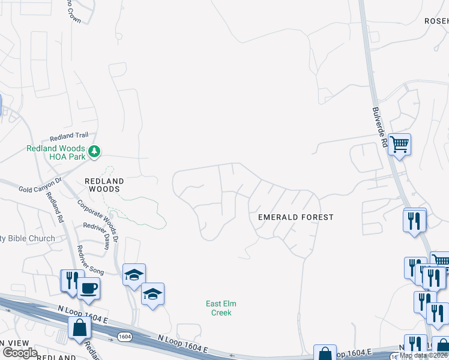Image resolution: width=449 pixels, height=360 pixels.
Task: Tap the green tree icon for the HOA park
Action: pyautogui.click(x=94, y=152)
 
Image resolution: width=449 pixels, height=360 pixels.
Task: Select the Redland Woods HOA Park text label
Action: pyautogui.click(x=55, y=152)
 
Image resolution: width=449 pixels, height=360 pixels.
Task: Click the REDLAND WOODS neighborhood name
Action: pyautogui.click(x=104, y=185)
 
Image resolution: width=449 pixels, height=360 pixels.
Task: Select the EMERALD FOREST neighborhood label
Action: pyautogui.click(x=295, y=217)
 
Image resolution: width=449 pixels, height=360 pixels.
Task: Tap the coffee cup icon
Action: pyautogui.click(x=88, y=288)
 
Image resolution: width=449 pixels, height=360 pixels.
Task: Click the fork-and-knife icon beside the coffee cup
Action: pyautogui.click(x=70, y=280)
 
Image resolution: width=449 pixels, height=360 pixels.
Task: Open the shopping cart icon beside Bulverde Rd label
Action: pyautogui.click(x=399, y=144)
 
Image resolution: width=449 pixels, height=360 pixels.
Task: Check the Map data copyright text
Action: pyautogui.click(x=423, y=355)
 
